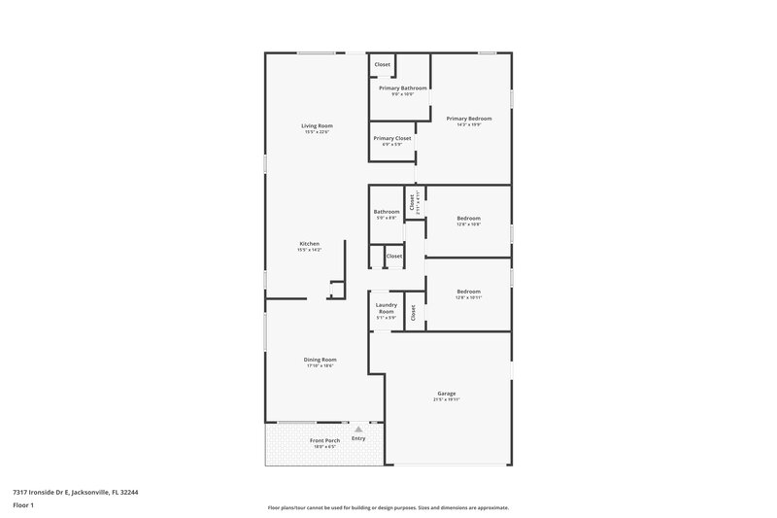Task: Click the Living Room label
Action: click(317, 126)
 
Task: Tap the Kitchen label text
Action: click(309, 244)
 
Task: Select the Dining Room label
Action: click(321, 360)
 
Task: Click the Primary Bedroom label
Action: click(462, 119)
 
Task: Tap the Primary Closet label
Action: click(392, 138)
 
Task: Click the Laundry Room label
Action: click(387, 308)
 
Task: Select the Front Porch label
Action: click(323, 440)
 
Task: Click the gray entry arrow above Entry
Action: click(358, 428)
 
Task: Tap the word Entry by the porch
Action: click(358, 438)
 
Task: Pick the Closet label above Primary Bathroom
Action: click(383, 64)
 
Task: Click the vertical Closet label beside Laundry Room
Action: click(413, 313)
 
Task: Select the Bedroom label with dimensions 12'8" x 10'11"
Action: click(468, 292)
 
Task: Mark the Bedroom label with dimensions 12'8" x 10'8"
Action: click(468, 219)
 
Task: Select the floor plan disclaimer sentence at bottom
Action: click(388, 507)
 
